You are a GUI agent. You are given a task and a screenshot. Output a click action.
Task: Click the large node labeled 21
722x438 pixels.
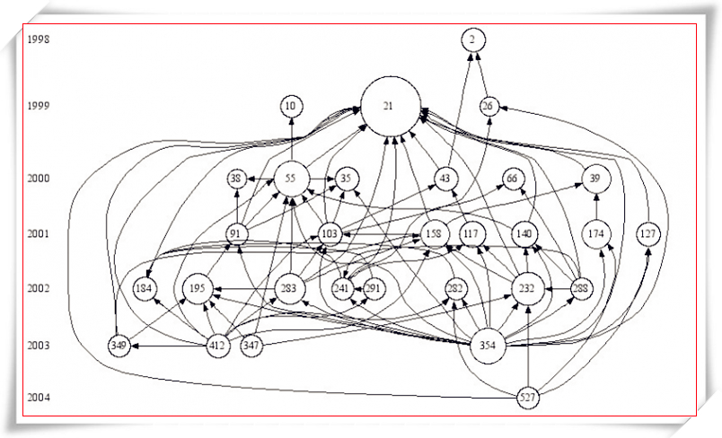[x=389, y=106]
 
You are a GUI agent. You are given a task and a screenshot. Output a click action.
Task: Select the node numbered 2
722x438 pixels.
[x=473, y=39]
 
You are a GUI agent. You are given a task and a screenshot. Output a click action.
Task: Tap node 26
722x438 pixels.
[x=489, y=106]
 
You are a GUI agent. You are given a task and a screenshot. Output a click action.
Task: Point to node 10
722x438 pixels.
[x=291, y=106]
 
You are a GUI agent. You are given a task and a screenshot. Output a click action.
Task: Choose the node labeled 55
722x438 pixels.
[x=291, y=179]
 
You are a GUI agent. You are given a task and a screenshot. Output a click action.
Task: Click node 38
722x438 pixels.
[x=237, y=179]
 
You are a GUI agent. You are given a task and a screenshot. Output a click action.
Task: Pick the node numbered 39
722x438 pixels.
[x=594, y=179]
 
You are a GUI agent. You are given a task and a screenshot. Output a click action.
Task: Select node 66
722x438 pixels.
[x=513, y=179]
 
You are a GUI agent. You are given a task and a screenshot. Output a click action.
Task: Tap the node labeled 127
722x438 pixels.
[x=648, y=233]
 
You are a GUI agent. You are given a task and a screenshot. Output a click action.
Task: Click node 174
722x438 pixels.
[x=595, y=233]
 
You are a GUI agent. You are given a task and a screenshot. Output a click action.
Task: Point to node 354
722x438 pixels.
[x=488, y=346]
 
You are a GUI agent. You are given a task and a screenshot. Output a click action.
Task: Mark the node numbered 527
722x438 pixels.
[x=529, y=398]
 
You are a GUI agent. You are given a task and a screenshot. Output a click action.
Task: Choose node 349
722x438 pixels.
[x=119, y=346]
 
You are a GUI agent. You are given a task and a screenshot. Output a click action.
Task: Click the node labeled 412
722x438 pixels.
[x=217, y=346]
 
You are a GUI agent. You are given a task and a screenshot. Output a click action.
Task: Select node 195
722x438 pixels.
[x=198, y=289]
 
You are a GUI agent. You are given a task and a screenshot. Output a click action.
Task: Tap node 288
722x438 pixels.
[x=581, y=289]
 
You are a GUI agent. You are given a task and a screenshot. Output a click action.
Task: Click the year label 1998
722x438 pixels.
[x=39, y=39]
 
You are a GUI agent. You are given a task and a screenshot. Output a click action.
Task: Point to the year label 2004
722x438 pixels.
[x=39, y=398]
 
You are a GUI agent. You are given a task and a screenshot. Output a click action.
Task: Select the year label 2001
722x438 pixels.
[x=39, y=233]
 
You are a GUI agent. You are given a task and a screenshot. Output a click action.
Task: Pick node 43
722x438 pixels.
[x=445, y=179]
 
